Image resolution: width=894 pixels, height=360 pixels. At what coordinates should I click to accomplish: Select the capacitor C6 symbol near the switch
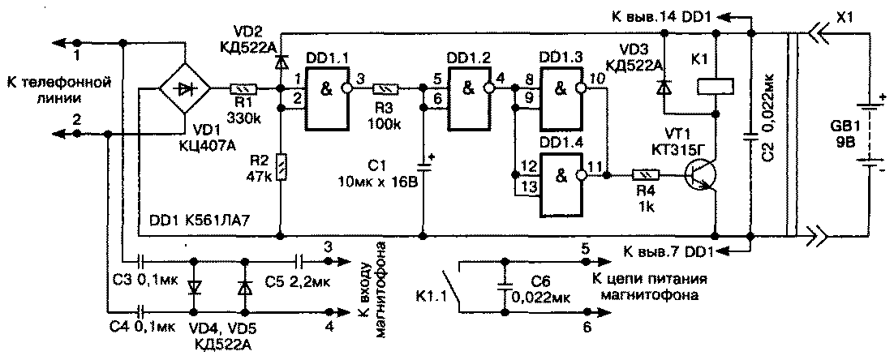pos(505,289)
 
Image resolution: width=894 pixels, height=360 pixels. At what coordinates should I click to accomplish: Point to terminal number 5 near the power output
pos(585,249)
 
